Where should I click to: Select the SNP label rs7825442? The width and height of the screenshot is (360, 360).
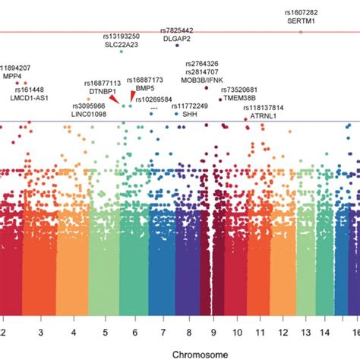[177, 30]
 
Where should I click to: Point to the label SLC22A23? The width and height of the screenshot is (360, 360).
[122, 44]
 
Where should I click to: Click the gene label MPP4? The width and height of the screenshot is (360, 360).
[12, 76]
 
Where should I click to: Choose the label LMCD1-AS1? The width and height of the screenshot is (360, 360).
[29, 98]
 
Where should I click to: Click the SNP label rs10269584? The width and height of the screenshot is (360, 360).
[155, 99]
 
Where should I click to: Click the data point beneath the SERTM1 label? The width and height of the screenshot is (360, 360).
[301, 32]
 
